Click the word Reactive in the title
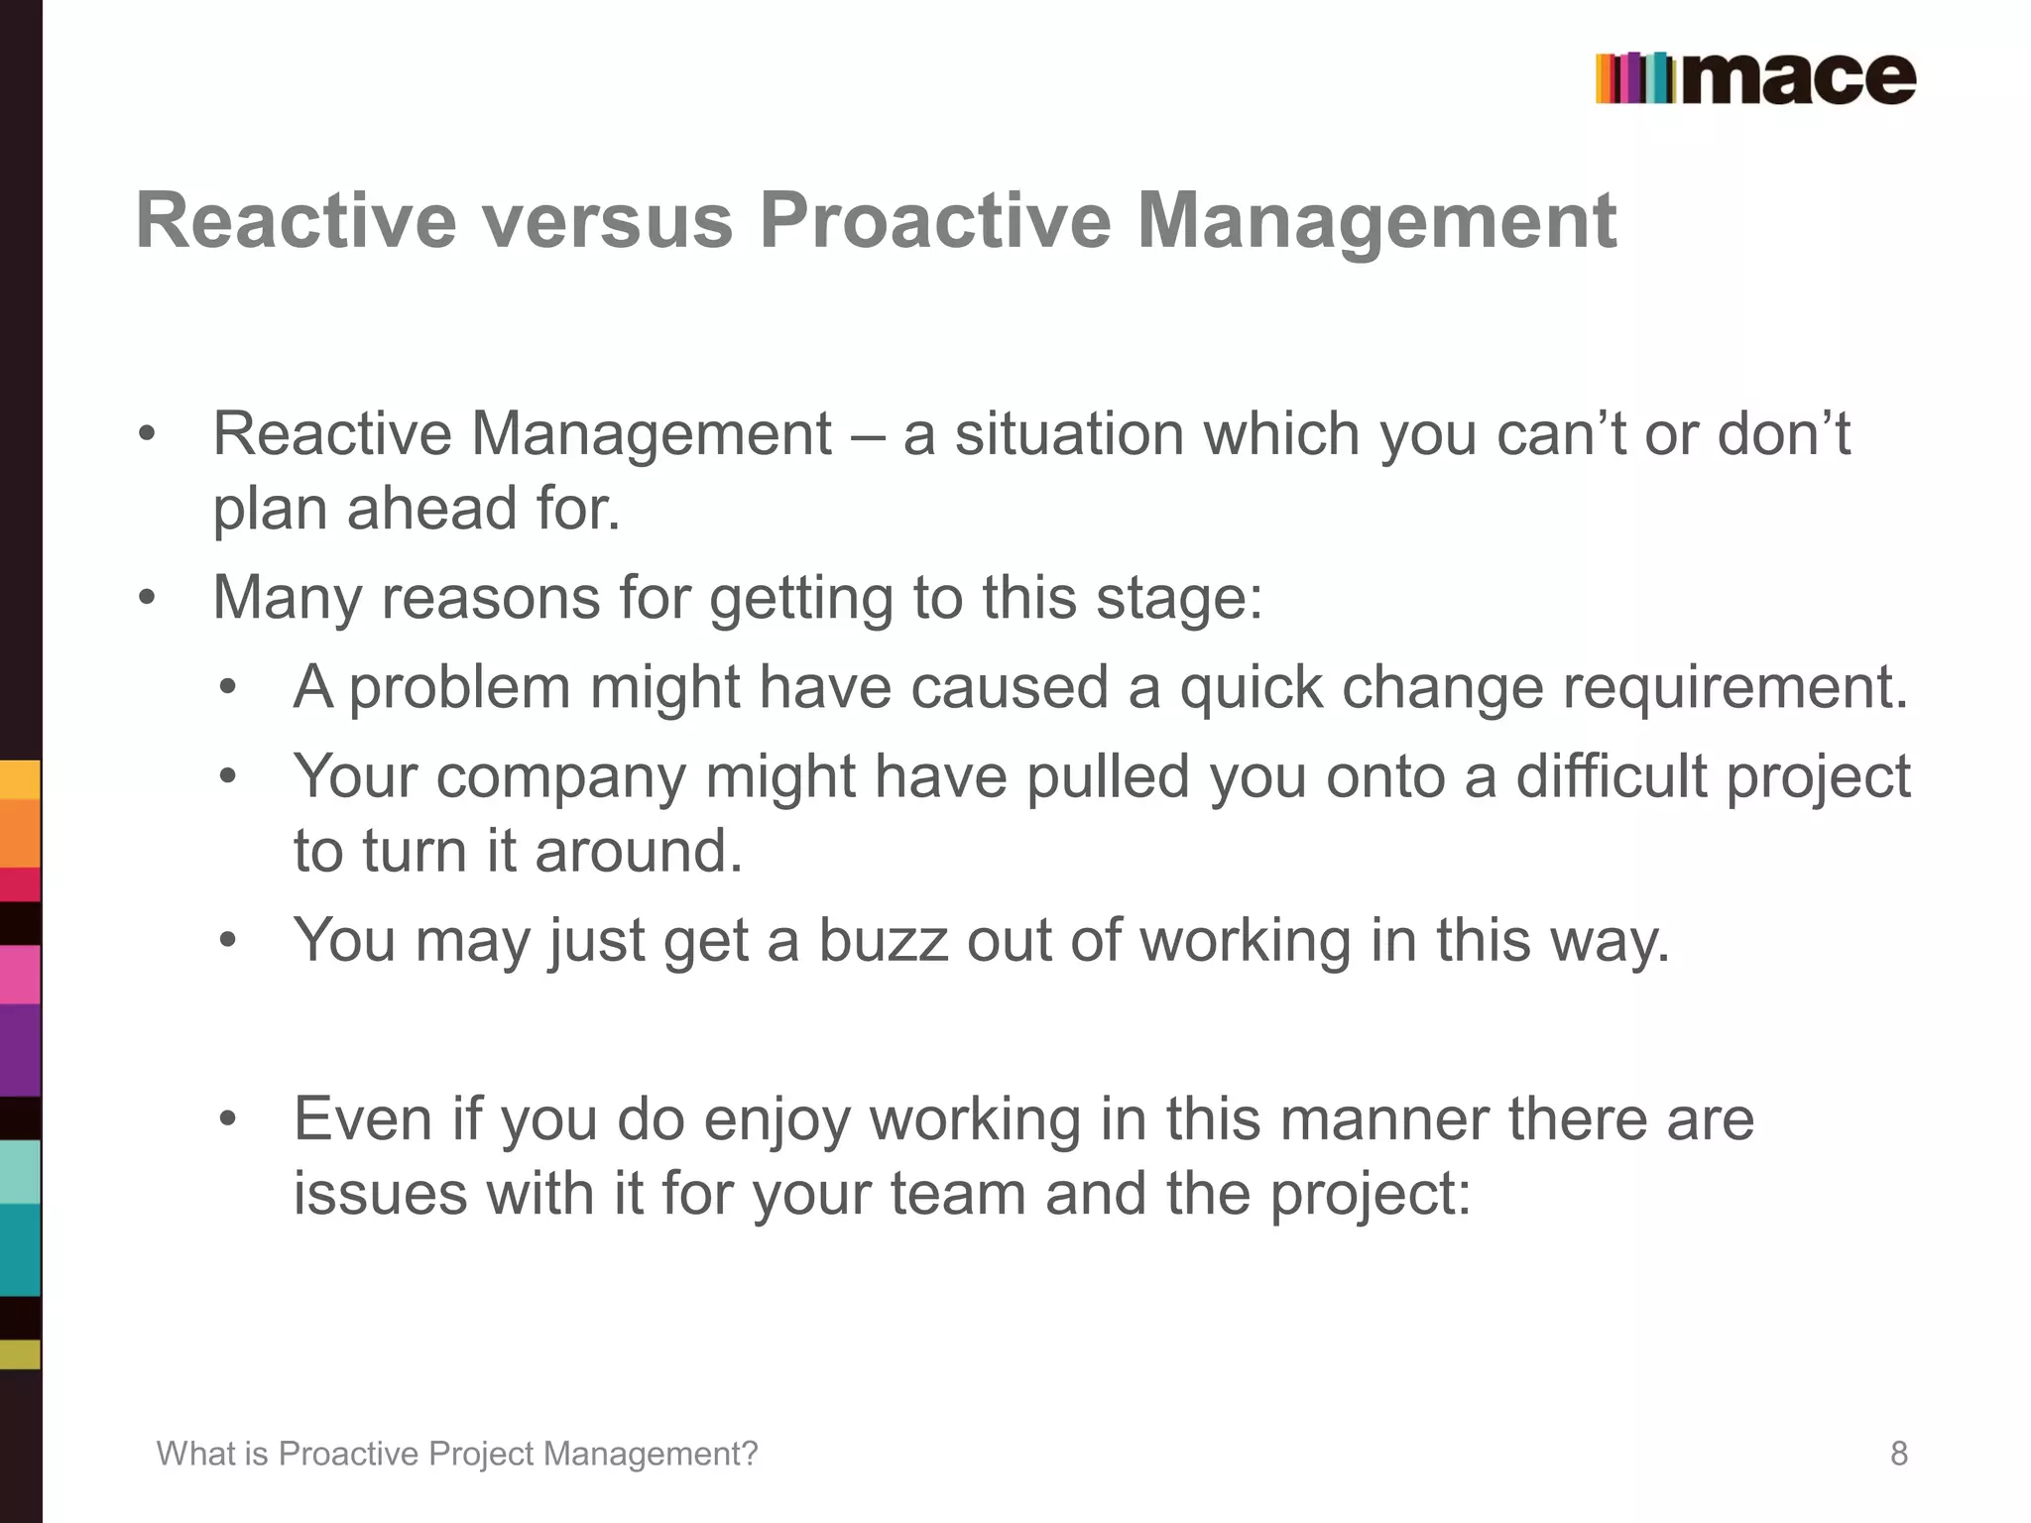[x=296, y=220]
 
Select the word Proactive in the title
[x=934, y=220]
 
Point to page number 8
[x=1898, y=1454]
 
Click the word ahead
[x=432, y=508]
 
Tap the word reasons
[x=491, y=598]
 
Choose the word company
[x=561, y=776]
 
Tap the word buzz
[x=883, y=940]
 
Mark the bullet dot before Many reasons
[x=148, y=598]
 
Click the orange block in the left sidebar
[x=20, y=833]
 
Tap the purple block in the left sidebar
[x=20, y=1051]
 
